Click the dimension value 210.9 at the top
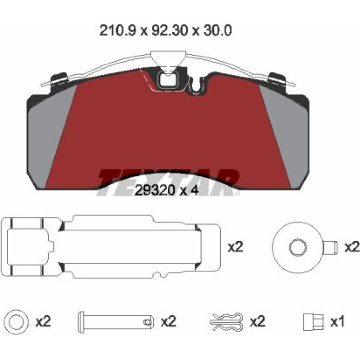tap(118, 30)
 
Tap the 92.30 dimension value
tap(169, 30)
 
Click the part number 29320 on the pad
tap(154, 190)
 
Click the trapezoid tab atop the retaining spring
tap(168, 58)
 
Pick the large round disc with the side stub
tap(298, 247)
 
